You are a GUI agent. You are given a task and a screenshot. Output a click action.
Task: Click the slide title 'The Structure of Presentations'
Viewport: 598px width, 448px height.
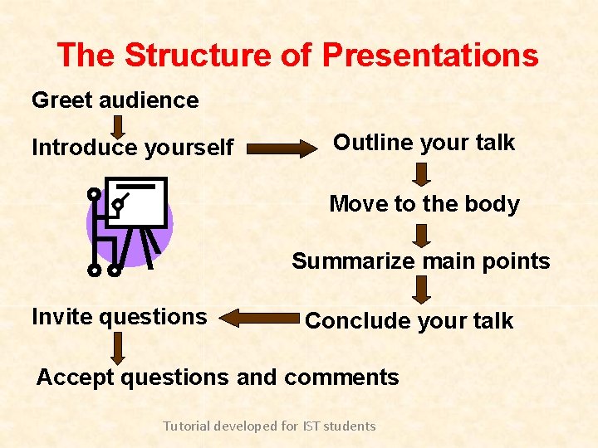pos(297,56)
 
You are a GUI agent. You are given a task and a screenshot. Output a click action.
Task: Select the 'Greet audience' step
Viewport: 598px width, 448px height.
pos(115,100)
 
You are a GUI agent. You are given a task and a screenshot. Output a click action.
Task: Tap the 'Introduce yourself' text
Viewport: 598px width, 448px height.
pos(132,148)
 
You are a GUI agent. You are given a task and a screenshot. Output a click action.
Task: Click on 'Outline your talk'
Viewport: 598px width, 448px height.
pos(424,143)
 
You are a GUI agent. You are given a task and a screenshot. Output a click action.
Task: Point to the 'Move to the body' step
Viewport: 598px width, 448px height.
pos(424,204)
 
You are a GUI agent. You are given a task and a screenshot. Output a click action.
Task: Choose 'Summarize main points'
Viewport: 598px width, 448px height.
pos(420,261)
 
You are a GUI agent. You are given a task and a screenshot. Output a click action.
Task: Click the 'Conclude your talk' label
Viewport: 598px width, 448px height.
pos(409,321)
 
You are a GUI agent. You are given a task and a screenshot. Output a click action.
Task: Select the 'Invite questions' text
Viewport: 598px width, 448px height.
pos(119,316)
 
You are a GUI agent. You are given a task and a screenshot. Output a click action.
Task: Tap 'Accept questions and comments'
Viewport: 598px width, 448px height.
pos(218,377)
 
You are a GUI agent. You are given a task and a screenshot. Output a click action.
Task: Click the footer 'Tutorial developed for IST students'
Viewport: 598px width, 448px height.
pos(269,426)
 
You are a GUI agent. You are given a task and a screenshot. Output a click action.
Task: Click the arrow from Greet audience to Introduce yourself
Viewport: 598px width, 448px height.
pos(119,126)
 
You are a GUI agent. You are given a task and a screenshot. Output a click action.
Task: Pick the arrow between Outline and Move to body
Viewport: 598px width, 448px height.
pos(422,173)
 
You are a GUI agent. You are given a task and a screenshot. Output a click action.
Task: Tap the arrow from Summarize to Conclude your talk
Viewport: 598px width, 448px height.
pos(422,290)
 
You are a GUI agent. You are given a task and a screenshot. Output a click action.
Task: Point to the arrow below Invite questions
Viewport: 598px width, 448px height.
pos(119,348)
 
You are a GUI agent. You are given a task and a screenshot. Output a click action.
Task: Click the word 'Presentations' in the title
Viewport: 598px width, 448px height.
pos(430,56)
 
